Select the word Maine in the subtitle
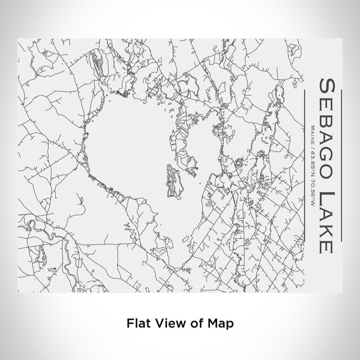313,131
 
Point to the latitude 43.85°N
313,157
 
